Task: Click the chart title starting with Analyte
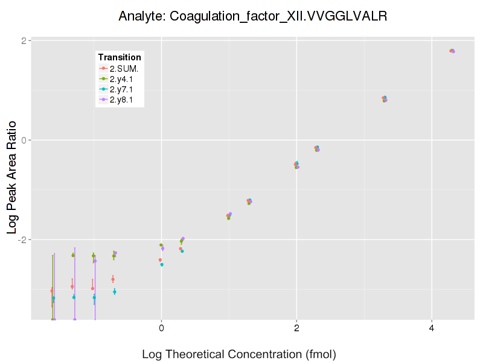click(252, 16)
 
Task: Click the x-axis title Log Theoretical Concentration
click(238, 354)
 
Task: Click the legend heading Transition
click(120, 57)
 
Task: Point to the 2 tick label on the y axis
click(24, 41)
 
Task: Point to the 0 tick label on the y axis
click(24, 140)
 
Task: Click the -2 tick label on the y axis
click(22, 240)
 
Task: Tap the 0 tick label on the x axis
click(161, 328)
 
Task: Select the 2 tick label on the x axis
click(296, 328)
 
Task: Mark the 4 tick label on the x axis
click(432, 328)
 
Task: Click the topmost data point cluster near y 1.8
click(452, 51)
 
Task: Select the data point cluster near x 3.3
click(384, 98)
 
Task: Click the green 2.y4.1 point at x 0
click(161, 245)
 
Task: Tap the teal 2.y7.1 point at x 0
click(162, 264)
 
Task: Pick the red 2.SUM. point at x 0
click(160, 260)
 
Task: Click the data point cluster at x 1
click(229, 215)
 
